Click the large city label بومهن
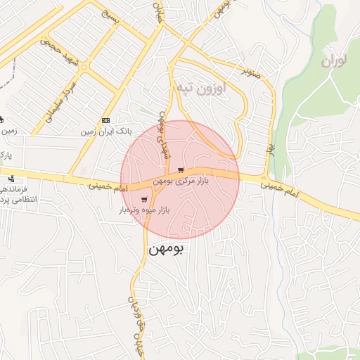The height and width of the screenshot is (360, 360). point(167,249)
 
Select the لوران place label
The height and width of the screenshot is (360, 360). point(334,61)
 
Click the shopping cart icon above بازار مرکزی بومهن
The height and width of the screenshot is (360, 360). point(181,170)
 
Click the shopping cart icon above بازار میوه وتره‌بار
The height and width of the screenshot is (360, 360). point(144,200)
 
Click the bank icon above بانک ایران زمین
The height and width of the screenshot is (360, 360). point(105,121)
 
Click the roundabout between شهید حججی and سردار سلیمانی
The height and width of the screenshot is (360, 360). point(84,67)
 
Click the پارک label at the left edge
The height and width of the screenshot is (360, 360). point(5,153)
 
